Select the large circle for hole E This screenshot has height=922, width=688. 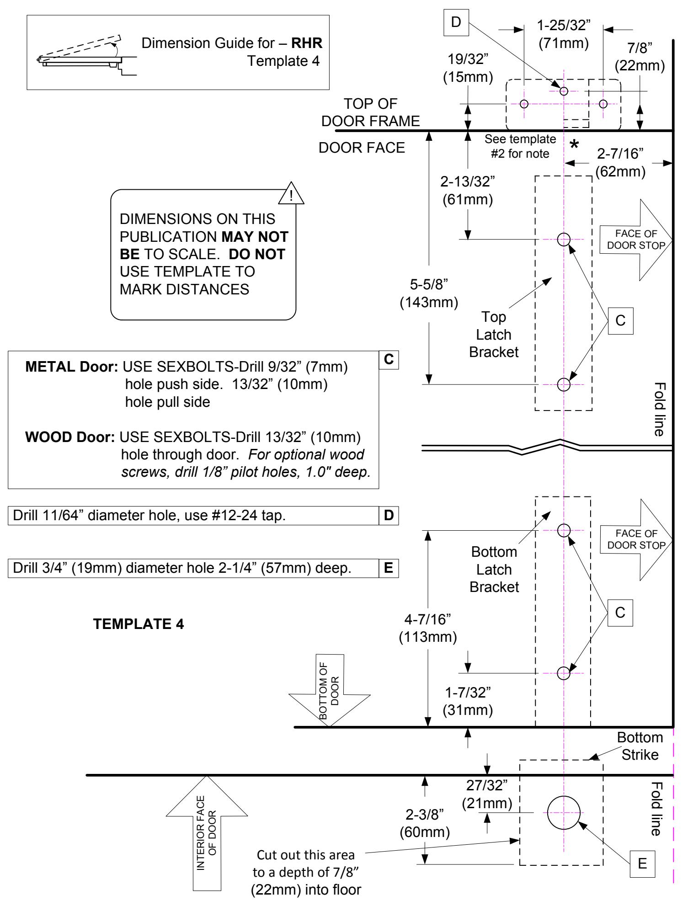[564, 813]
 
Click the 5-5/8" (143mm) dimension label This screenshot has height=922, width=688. [429, 293]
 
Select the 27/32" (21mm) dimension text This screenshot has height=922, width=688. [487, 794]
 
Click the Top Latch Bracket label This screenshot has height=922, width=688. [494, 335]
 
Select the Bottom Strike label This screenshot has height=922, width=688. [640, 746]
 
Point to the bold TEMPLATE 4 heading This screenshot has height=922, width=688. [139, 624]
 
